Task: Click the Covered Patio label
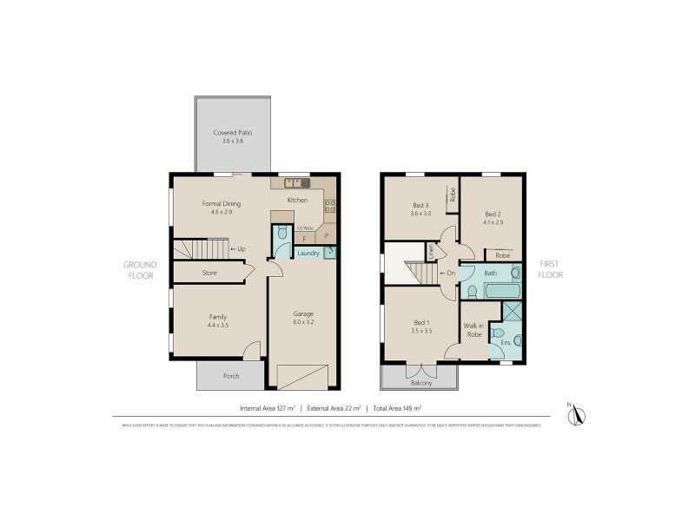(x=232, y=133)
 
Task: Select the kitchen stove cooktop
(x=330, y=206)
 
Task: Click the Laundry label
(x=308, y=254)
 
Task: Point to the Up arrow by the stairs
(x=238, y=249)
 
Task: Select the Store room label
(x=209, y=273)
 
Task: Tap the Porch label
(x=231, y=376)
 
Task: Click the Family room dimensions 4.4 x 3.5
(x=218, y=325)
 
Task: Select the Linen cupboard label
(x=429, y=252)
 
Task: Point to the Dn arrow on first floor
(x=448, y=274)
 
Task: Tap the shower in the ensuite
(x=513, y=311)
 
